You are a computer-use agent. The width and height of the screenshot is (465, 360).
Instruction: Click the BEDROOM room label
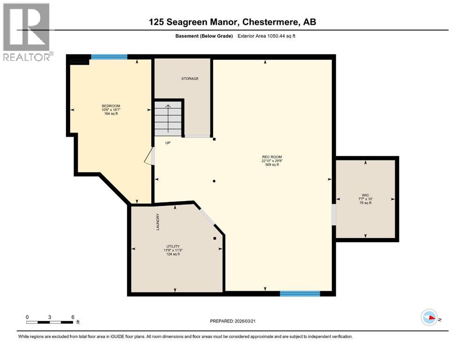(111, 106)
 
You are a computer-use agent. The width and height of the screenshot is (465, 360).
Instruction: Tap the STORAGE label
(190, 79)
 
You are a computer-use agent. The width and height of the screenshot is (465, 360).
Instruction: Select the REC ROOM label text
(272, 157)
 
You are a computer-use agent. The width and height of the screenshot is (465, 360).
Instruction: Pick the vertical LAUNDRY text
(158, 222)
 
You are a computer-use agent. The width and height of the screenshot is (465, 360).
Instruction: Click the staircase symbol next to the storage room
(168, 119)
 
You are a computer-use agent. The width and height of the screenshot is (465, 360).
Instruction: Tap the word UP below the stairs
(168, 142)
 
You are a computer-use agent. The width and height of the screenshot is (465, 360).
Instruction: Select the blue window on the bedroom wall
(109, 57)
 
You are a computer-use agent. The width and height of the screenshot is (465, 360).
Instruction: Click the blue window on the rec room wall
(300, 293)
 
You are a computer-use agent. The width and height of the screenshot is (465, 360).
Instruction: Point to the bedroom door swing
(150, 157)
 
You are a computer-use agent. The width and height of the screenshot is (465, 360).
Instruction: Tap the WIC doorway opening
(334, 214)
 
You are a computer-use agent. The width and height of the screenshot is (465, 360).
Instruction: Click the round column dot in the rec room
(214, 181)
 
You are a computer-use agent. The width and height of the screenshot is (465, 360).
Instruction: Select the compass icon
(429, 317)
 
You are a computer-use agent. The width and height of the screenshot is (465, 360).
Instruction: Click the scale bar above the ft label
(50, 322)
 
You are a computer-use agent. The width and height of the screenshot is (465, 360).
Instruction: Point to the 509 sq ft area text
(272, 165)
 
